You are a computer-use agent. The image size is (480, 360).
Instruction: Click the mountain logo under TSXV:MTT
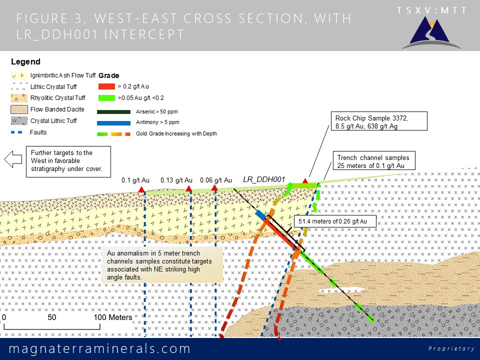coord(431,33)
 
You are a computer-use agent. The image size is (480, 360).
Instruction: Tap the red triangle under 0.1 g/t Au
coord(141,189)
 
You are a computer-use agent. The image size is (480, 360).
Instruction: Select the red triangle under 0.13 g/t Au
coord(189,188)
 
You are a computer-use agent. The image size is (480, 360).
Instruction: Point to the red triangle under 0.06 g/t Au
coord(214,187)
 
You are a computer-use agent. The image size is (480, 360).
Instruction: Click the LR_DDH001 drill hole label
coord(264,179)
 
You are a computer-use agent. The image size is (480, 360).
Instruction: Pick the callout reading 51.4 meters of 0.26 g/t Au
coord(335,221)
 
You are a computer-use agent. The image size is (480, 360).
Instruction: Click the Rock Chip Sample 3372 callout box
coord(379,121)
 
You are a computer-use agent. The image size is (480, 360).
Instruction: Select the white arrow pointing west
coord(13,159)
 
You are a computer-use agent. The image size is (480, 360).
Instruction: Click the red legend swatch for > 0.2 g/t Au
coord(106,86)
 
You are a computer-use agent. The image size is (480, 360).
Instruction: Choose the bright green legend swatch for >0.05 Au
coord(106,98)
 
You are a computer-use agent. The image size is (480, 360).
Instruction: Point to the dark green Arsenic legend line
coord(113,112)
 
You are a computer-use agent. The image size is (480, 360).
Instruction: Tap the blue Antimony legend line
coord(113,123)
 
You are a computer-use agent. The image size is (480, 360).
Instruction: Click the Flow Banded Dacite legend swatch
coord(19,109)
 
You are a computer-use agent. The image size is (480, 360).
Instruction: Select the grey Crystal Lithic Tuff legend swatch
coord(19,121)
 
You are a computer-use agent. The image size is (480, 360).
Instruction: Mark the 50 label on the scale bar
coord(51,317)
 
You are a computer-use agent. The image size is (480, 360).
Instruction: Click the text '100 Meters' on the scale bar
coord(113,317)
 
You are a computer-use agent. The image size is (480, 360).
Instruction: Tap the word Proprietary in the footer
coord(451,348)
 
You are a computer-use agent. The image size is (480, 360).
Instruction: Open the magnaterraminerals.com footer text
coord(99,348)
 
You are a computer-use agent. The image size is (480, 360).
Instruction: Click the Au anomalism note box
coord(162,265)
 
